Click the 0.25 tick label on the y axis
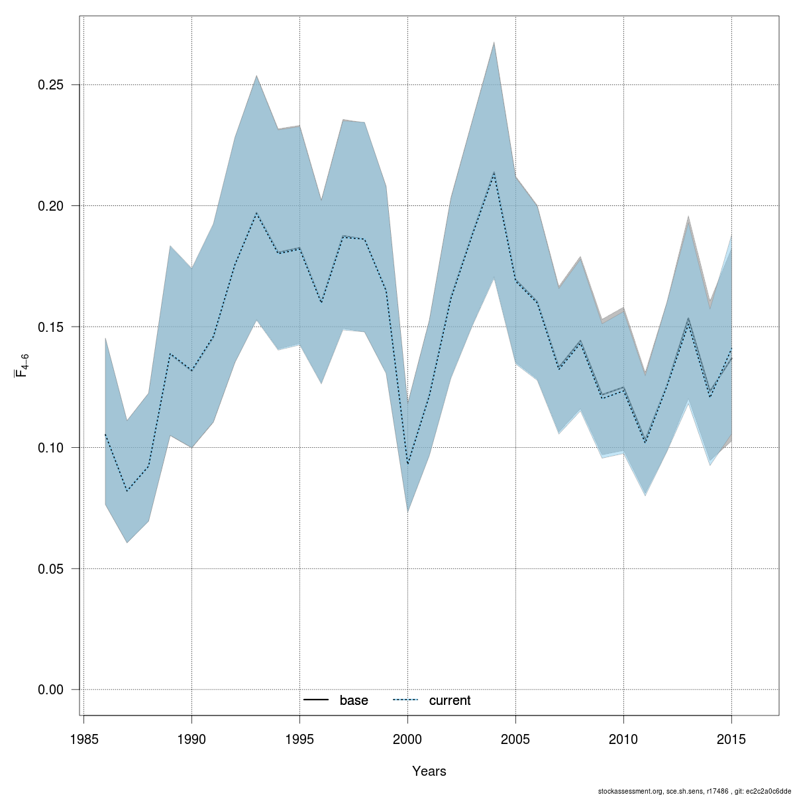50,85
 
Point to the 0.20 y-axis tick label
50,206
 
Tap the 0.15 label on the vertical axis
50,327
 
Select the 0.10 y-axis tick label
50,448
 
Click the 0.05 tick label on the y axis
50,568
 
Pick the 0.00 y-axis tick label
50,690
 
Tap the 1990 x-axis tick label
192,739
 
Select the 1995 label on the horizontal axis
300,739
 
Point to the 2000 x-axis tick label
408,739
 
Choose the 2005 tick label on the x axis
516,739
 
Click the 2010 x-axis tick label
624,739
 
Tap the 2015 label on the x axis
732,739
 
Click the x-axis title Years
429,771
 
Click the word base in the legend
354,700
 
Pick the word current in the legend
450,700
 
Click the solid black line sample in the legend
317,700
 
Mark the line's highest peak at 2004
494,172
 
